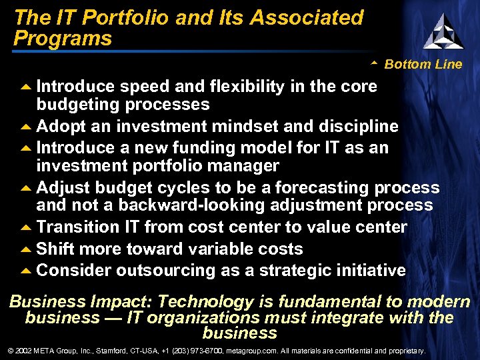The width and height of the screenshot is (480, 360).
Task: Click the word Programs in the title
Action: tap(63, 39)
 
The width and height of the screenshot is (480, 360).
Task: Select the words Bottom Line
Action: tap(423, 65)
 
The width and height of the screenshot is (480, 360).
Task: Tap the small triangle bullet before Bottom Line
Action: tap(375, 63)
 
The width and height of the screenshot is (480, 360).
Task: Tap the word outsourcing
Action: tap(169, 271)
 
